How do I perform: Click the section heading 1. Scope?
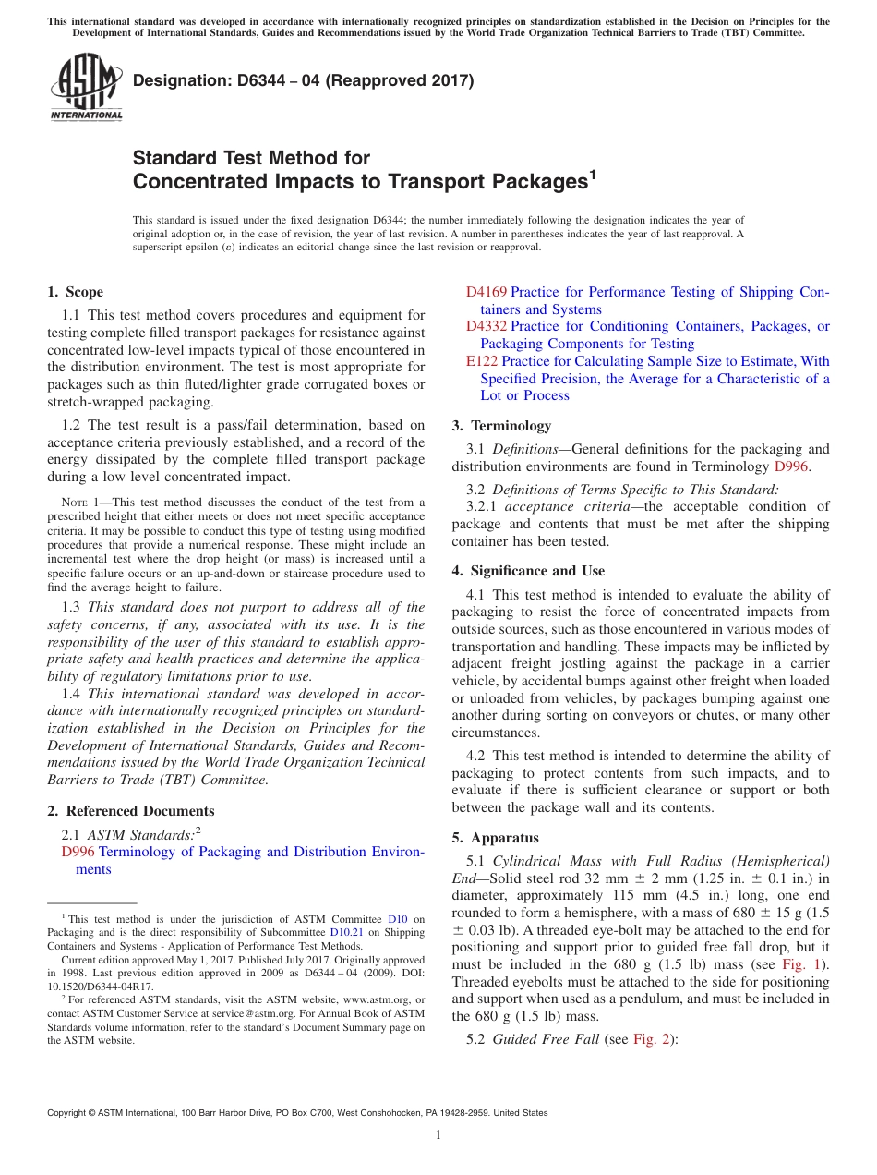tap(75, 292)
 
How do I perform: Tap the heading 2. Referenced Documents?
tap(130, 811)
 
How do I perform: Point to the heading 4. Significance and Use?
tap(528, 571)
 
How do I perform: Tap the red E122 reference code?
tap(482, 361)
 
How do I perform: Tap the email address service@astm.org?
tap(271, 1013)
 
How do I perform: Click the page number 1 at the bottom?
tap(438, 1135)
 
